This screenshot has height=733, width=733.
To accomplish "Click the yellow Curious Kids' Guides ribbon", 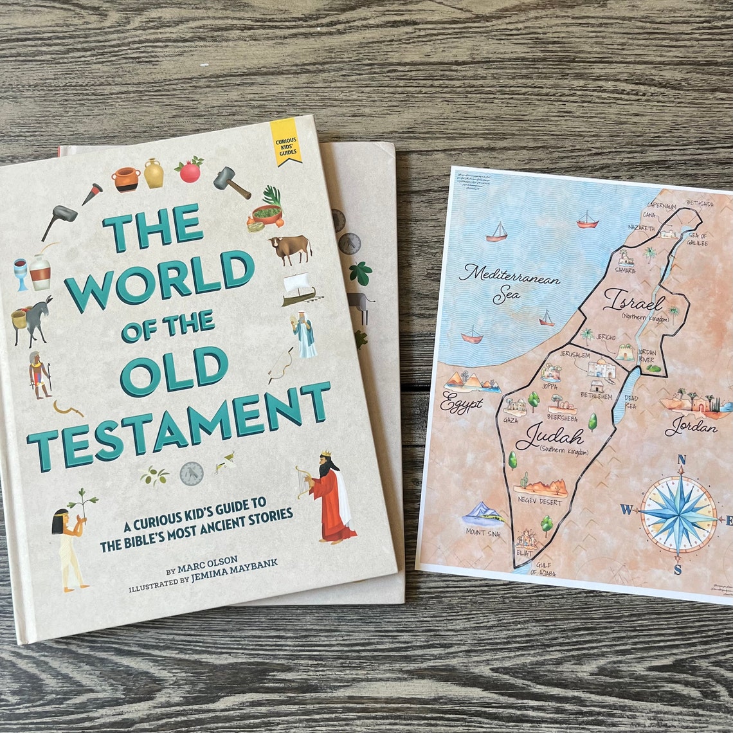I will point(284,141).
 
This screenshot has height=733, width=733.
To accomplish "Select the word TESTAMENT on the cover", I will point(179,424).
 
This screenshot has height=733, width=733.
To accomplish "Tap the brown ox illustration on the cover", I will point(290,249).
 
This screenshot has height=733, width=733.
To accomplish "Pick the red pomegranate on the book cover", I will point(190,170).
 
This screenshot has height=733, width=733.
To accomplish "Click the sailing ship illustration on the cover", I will point(299,288).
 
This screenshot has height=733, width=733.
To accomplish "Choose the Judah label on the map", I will point(550,437).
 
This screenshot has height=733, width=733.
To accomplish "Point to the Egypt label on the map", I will point(461,405).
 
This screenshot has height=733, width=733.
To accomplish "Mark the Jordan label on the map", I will point(691,426).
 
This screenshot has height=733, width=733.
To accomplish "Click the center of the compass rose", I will point(679,514).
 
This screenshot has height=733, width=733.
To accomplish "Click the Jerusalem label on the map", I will point(574,355).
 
